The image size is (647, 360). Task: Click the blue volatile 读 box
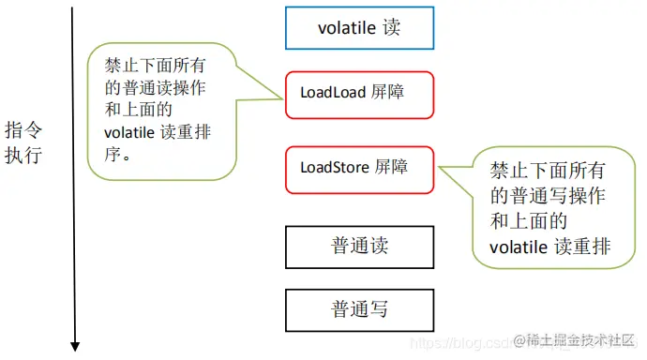pyautogui.click(x=359, y=28)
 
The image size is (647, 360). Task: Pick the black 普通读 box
pyautogui.click(x=359, y=246)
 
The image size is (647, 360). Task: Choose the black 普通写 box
pyautogui.click(x=359, y=309)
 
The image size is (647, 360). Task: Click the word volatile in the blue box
pyautogui.click(x=344, y=28)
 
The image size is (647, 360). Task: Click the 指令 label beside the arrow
pyautogui.click(x=23, y=129)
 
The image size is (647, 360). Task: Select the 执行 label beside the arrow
pyautogui.click(x=23, y=155)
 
